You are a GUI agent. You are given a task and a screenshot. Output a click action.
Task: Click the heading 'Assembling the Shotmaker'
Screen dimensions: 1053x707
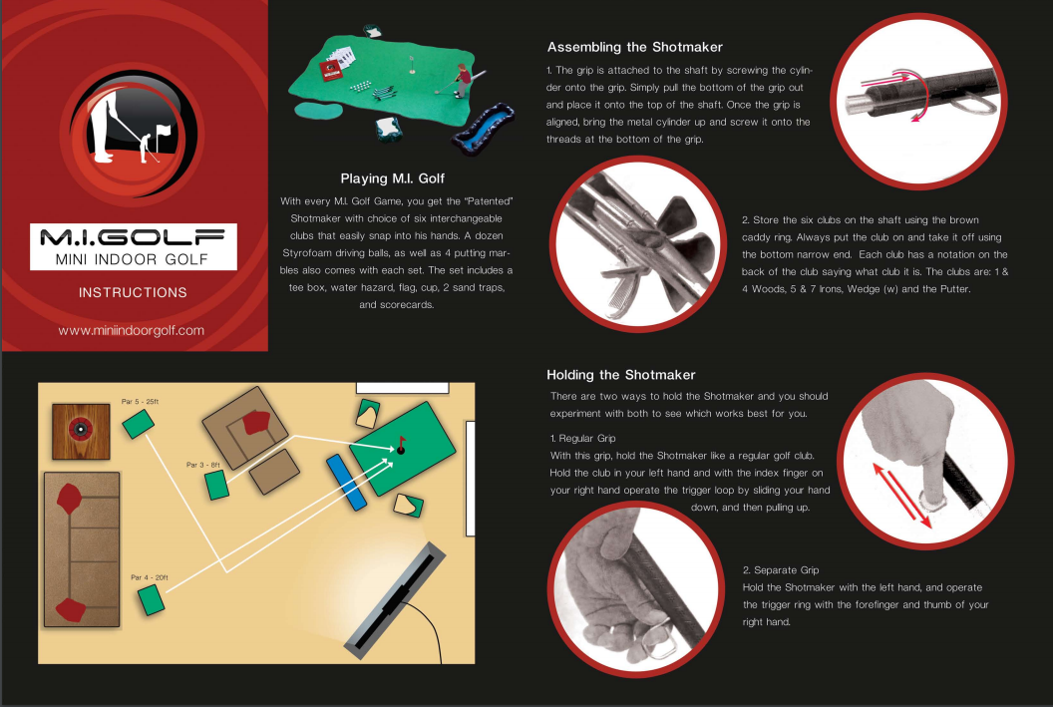coord(634,47)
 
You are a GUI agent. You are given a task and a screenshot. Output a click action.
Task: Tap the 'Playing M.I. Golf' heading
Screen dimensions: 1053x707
coord(392,178)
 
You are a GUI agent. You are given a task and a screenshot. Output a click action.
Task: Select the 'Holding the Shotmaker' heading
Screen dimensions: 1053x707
coord(620,375)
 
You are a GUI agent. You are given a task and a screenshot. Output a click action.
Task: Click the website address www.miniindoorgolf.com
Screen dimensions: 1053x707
coord(131,330)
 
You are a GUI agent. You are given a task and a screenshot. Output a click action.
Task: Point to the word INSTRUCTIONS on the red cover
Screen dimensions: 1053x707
coord(133,293)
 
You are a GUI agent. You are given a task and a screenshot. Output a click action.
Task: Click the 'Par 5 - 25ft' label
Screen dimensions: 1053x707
coord(140,402)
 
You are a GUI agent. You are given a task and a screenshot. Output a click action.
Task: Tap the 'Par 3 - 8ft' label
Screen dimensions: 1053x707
coord(202,465)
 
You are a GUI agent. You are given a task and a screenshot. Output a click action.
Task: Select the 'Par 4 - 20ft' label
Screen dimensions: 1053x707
coord(150,577)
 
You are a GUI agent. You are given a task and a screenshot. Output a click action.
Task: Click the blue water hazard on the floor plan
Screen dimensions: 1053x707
coord(347,482)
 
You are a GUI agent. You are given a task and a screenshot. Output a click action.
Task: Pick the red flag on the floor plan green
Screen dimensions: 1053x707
coord(402,443)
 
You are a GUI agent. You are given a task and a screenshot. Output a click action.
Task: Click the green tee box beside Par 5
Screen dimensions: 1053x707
coord(139,424)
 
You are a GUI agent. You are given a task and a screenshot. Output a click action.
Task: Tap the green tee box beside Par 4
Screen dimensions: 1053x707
coord(152,600)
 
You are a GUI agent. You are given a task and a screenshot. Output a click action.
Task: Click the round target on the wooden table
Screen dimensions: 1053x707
coord(81,430)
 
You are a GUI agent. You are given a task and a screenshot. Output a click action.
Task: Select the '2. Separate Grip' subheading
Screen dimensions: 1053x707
coord(781,570)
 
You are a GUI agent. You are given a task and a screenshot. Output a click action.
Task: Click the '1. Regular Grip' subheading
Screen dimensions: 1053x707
coord(583,439)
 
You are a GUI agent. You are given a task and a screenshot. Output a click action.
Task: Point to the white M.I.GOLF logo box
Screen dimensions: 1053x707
coord(133,247)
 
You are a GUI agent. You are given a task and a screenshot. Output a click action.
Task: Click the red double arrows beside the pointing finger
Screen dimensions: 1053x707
coord(901,496)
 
